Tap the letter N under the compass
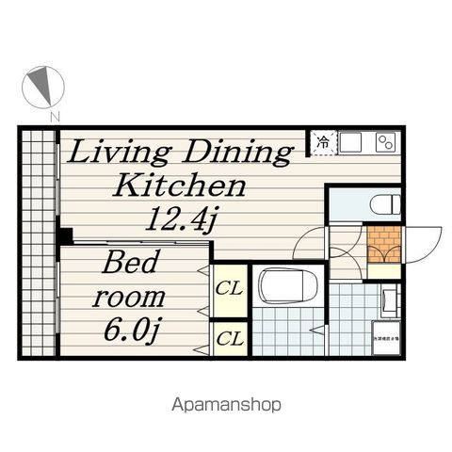coord(56,116)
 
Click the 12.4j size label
coord(181,220)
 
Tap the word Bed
coord(130,263)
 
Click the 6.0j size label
coord(130,331)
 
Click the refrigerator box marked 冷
coord(322,143)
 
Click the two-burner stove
coord(386,142)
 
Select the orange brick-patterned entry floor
coord(383,244)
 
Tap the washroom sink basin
coord(389,300)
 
